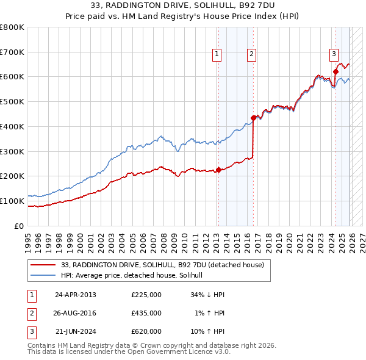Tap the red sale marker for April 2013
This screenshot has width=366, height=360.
coord(218,170)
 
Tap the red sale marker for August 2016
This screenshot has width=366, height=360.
coord(253,118)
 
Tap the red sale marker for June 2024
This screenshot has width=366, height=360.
coord(335,72)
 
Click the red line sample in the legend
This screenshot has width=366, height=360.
coord(43,265)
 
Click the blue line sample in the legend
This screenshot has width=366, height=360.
coord(43,276)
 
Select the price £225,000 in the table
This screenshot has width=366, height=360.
coord(146,295)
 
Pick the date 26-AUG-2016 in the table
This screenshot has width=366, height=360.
coord(76,313)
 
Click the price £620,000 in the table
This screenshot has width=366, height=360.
coord(146,331)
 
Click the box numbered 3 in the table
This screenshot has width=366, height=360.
coord(30,331)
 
